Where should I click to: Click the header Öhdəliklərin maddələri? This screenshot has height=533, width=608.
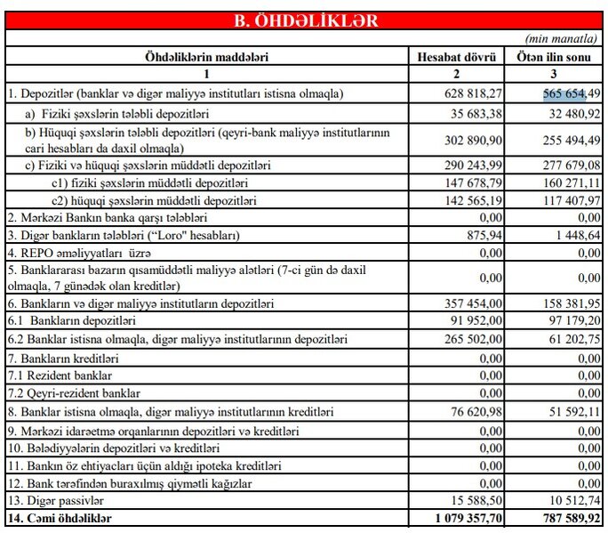pyautogui.click(x=206, y=58)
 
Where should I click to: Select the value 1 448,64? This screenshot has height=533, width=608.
pyautogui.click(x=573, y=235)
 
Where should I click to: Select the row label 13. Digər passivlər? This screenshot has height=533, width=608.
pyautogui.click(x=54, y=500)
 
